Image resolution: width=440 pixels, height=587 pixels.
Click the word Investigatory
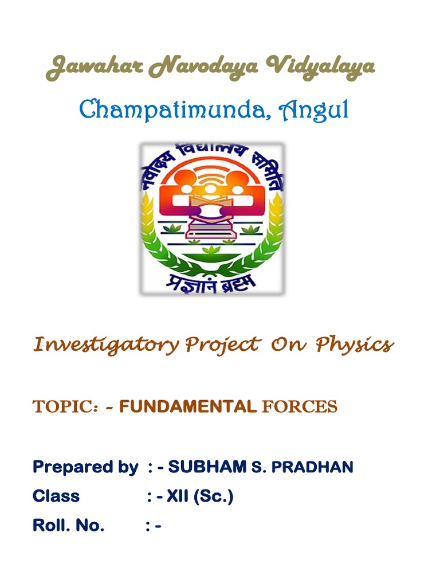point(106,345)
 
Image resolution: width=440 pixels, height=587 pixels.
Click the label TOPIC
point(65,408)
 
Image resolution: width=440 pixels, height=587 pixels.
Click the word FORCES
point(299,408)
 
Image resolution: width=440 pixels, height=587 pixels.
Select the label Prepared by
point(85,467)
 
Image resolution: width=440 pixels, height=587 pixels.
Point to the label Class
point(56,496)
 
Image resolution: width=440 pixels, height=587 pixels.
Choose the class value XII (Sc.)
point(200,496)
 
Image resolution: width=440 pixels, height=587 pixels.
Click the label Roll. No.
point(69,526)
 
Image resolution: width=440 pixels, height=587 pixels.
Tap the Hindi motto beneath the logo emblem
point(214,281)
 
